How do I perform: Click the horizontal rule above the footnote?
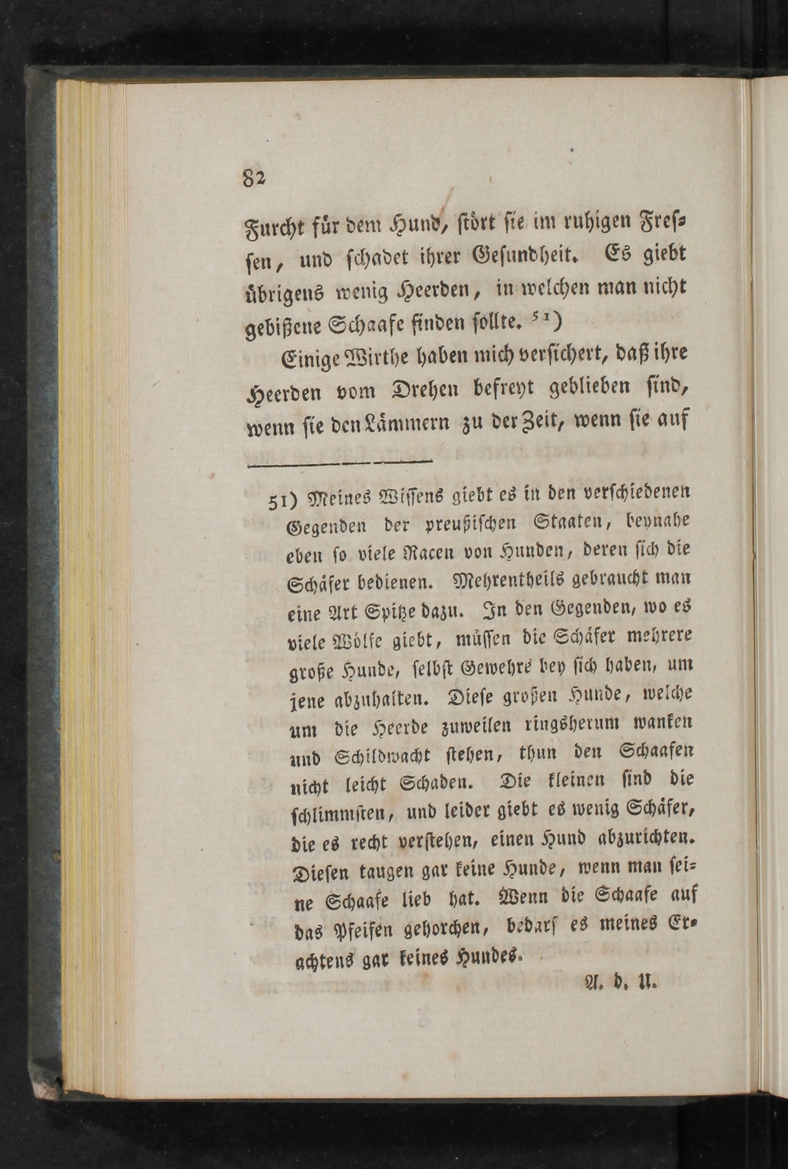(340, 463)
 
